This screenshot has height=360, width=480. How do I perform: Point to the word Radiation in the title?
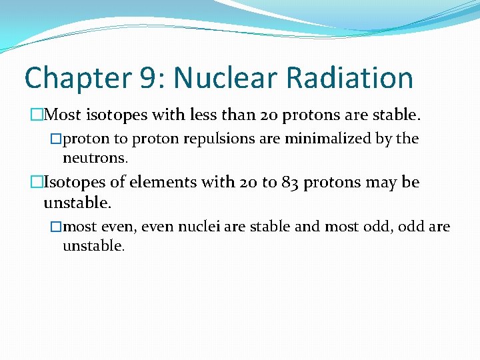(350, 79)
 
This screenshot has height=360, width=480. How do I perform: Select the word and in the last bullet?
(307, 227)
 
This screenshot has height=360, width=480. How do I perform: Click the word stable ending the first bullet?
(397, 115)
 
